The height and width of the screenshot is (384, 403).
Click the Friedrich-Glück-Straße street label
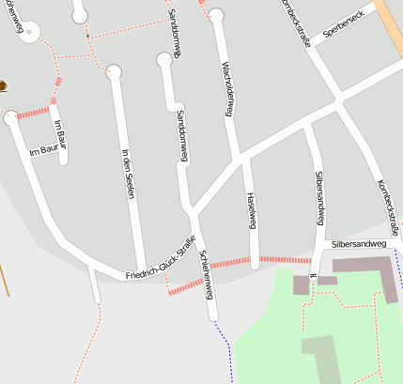point(161,260)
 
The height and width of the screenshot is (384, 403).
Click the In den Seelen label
point(128,173)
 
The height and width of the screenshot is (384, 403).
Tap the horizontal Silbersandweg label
point(358,244)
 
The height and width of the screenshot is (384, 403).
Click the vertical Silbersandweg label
point(319,197)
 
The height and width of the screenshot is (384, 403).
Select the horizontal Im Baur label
point(43,149)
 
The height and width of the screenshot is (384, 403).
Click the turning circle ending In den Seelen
point(114,70)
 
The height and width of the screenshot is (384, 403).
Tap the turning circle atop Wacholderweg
point(216,15)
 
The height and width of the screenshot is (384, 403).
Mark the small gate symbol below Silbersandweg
point(311,275)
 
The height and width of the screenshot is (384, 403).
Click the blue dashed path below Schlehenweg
point(224,343)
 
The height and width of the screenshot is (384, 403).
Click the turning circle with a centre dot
point(29,31)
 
